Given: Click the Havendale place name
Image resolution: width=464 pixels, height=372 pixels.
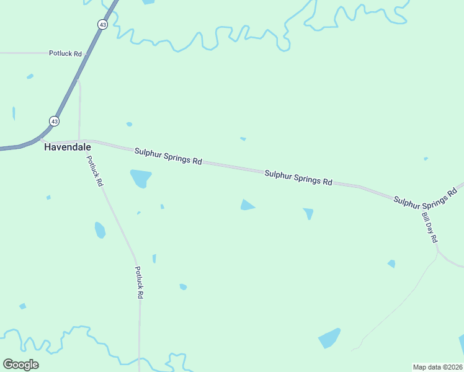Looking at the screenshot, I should click(67, 148).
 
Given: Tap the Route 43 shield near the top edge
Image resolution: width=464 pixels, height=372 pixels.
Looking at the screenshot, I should click(102, 24).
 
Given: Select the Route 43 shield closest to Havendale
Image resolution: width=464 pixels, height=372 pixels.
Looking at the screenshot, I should click(55, 121).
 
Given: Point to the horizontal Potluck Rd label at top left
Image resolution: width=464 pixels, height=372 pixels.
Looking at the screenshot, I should click(65, 53).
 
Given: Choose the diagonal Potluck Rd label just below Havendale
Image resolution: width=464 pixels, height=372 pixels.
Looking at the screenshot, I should click(95, 170).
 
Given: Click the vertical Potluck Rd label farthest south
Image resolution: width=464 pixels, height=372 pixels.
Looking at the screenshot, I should click(140, 283).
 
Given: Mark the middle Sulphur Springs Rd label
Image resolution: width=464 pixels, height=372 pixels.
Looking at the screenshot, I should click(298, 178).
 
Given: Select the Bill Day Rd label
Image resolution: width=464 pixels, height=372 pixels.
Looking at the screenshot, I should click(430, 228).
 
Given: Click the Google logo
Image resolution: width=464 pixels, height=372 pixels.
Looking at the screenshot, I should click(20, 364).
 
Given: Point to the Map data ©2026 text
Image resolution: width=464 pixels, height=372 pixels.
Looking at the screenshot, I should click(437, 367).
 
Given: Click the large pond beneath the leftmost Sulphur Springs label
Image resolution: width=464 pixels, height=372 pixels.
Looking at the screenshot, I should click(141, 178).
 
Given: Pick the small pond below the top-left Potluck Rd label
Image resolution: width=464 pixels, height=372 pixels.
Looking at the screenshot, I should click(30, 76).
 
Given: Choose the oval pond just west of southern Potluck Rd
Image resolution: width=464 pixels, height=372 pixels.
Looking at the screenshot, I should click(99, 230).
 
